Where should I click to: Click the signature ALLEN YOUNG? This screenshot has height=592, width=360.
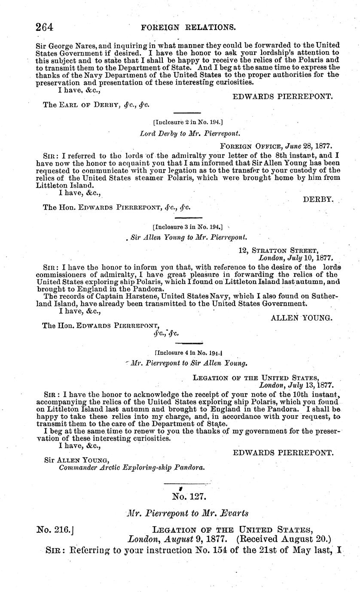tap(302, 318)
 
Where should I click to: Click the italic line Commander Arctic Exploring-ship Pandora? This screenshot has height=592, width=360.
tap(131, 468)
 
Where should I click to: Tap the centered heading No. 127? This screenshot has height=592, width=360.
tap(190, 497)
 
